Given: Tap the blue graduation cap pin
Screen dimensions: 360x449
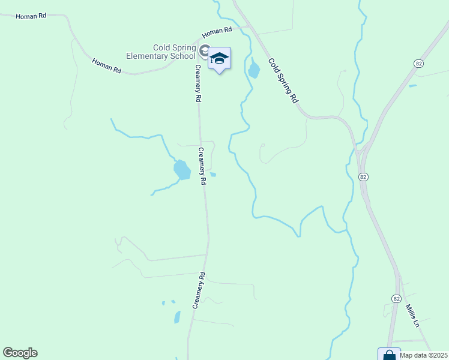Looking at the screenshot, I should pyautogui.click(x=219, y=58).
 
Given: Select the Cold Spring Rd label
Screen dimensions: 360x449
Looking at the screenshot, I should pyautogui.click(x=283, y=80).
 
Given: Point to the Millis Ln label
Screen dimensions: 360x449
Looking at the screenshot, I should pyautogui.click(x=412, y=315).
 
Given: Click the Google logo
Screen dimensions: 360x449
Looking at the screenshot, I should pyautogui.click(x=20, y=352).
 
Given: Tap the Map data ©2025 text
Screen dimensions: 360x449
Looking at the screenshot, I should pyautogui.click(x=424, y=355).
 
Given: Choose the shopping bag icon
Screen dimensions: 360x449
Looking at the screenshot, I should pyautogui.click(x=388, y=355).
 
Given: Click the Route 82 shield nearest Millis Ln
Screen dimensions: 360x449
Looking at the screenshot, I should pyautogui.click(x=396, y=298).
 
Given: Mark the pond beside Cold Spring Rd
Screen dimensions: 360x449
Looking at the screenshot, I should pyautogui.click(x=254, y=70).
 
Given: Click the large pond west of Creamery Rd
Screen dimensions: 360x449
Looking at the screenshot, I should pyautogui.click(x=182, y=170).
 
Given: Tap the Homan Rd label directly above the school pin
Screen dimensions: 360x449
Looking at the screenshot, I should pyautogui.click(x=217, y=31).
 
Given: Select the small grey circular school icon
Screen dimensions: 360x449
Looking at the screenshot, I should pyautogui.click(x=204, y=50).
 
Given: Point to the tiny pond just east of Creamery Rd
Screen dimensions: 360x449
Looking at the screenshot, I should pyautogui.click(x=213, y=175).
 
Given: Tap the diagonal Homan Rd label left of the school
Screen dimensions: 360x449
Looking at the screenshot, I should pyautogui.click(x=106, y=65).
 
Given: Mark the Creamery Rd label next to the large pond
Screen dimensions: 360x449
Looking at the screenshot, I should pyautogui.click(x=202, y=166).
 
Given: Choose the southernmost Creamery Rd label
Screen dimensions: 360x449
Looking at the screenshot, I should pyautogui.click(x=199, y=291).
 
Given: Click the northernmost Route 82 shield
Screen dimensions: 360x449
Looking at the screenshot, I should pyautogui.click(x=419, y=63).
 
